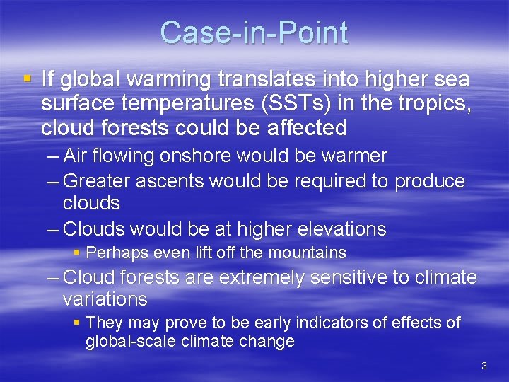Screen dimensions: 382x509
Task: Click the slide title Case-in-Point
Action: click(x=254, y=33)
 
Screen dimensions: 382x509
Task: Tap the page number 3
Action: click(x=484, y=366)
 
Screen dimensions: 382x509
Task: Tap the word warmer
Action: click(x=348, y=156)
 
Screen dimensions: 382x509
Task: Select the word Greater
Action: click(x=96, y=181)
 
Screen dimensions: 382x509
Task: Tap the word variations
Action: click(x=105, y=299)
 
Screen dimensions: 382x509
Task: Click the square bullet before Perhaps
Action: click(x=78, y=253)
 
